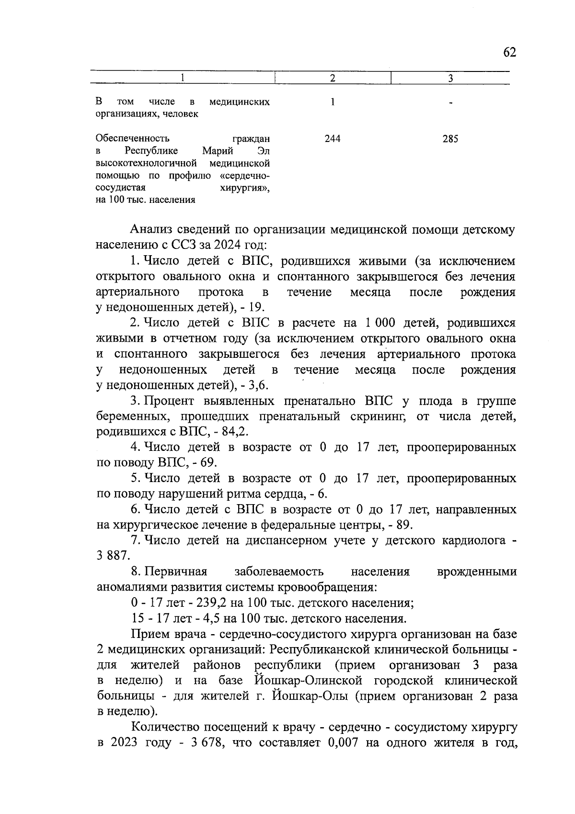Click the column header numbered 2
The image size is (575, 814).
(333, 78)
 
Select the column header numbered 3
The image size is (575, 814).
(450, 78)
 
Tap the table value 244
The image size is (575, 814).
(333, 139)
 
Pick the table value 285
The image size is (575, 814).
(450, 139)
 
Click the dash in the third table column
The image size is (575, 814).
(450, 103)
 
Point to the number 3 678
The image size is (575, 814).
(201, 743)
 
